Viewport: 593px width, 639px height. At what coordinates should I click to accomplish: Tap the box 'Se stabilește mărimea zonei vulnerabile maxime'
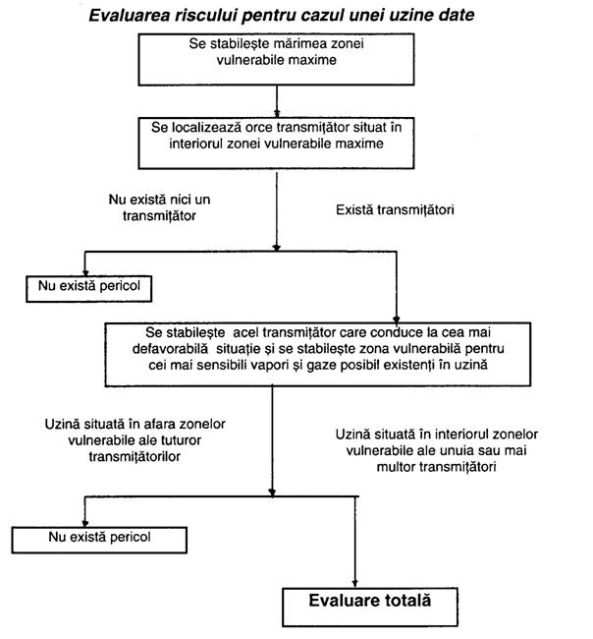click(276, 60)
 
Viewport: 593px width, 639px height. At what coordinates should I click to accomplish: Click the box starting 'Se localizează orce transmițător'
click(276, 144)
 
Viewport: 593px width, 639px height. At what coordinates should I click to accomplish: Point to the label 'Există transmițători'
click(395, 209)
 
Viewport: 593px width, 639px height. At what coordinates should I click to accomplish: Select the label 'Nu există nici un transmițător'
click(160, 207)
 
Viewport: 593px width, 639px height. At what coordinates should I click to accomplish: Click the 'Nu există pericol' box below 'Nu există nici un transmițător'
click(89, 289)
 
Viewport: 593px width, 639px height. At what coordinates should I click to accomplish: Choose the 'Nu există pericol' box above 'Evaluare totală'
click(99, 540)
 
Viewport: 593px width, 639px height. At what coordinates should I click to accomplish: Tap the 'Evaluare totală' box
click(370, 607)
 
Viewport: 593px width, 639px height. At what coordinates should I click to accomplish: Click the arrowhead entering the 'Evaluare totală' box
click(355, 583)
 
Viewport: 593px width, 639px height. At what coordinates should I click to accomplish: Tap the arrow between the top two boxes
click(277, 101)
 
